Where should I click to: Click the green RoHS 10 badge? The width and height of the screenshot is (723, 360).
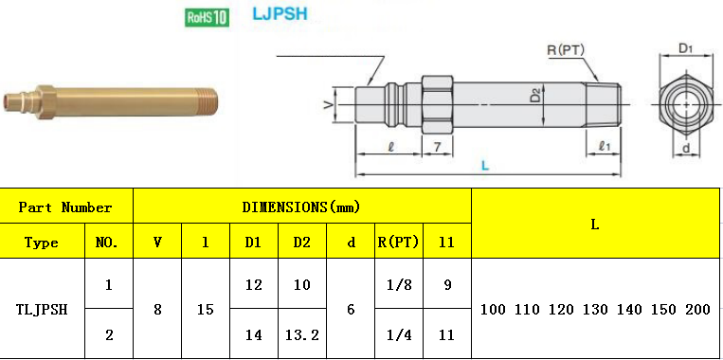[207, 17]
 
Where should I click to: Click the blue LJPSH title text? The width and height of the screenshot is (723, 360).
[280, 13]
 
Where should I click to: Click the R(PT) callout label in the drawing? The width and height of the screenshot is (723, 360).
[566, 50]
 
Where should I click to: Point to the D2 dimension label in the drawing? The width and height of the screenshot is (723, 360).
[534, 97]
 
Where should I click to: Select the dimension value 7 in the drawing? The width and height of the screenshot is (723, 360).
[437, 147]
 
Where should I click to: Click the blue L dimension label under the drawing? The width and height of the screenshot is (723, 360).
[485, 166]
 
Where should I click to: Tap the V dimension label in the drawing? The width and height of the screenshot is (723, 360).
[328, 105]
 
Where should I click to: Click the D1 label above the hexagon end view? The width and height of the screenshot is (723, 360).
[686, 49]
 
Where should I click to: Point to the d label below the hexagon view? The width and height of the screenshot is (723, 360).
[686, 148]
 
